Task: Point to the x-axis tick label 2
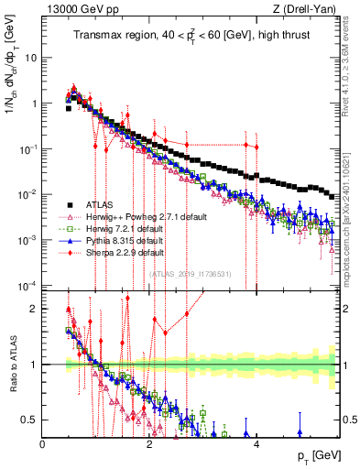pos(149,444)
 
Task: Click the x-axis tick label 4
pos(256,444)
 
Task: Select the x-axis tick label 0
pos(43,444)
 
